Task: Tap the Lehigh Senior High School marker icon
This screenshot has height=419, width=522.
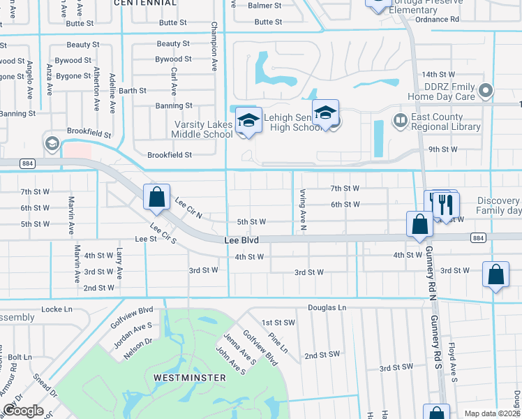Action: (325, 113)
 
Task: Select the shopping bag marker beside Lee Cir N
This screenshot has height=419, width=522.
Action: (156, 197)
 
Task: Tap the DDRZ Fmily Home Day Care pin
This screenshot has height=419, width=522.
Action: (487, 90)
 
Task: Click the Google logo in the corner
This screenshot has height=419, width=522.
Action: (23, 411)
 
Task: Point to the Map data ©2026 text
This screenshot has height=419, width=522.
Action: (492, 413)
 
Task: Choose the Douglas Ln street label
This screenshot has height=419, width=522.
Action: (327, 307)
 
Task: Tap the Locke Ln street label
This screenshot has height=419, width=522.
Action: (57, 308)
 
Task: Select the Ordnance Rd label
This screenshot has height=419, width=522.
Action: (437, 20)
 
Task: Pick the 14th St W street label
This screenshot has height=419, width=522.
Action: (438, 74)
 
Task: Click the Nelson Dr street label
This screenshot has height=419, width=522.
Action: (139, 345)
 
